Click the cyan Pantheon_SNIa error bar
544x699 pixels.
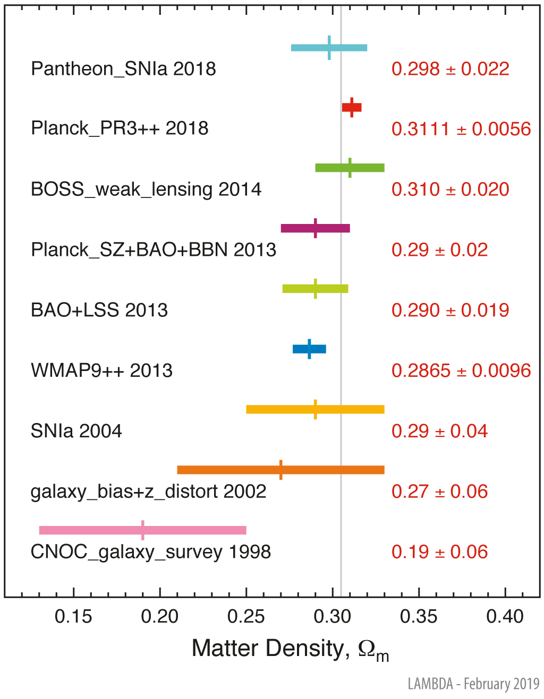329,48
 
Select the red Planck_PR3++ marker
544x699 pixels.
352,107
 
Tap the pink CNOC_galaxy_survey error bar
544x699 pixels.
142,530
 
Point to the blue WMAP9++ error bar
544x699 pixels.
309,349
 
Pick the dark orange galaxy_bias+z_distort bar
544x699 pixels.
280,470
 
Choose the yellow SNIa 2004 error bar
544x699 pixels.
315,409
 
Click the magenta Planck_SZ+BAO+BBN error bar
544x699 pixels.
315,228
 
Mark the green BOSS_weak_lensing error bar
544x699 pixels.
350,168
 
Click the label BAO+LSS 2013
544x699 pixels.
99,310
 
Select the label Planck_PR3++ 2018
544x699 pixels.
120,128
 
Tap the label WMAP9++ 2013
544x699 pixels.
101,370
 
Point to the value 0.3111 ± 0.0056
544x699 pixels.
461,129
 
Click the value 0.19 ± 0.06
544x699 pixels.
439,552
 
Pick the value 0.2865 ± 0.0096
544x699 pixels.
461,370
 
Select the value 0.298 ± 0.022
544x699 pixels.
450,69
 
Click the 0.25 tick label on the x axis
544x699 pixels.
246,617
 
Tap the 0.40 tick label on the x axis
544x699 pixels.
505,617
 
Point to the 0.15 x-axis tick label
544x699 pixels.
73,617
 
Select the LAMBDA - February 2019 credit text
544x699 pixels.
473,684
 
